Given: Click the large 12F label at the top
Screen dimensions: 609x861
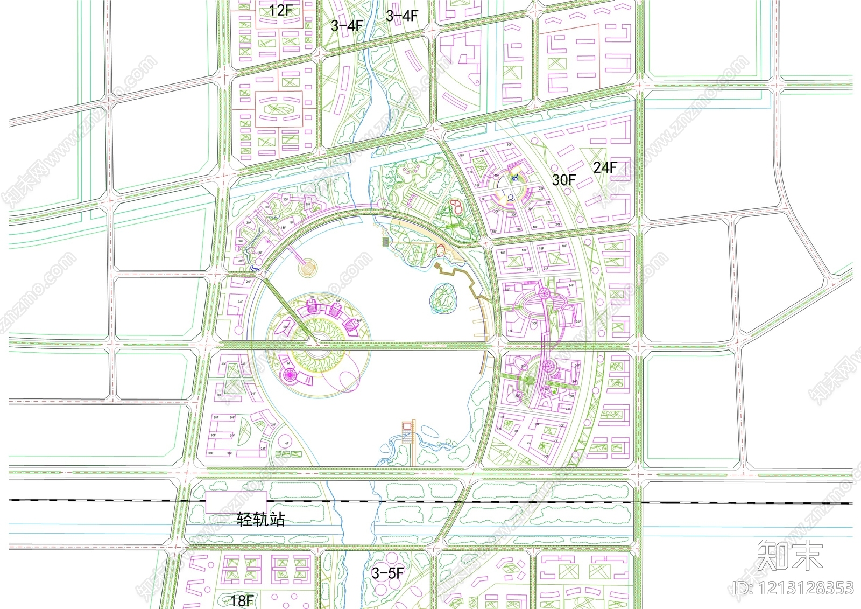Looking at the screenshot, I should (280, 10).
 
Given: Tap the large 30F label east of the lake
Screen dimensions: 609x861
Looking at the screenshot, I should (563, 180).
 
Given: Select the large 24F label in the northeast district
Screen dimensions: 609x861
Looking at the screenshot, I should (605, 167).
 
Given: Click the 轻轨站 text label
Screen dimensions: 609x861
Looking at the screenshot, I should (261, 520).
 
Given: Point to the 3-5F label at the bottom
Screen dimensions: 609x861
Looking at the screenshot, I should (387, 573).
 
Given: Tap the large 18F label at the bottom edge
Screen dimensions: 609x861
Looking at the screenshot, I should (242, 600).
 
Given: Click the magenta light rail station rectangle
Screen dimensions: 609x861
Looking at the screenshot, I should (236, 502).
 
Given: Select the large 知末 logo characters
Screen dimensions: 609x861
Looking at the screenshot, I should (789, 556).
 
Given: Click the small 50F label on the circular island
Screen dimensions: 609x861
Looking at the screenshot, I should (285, 327).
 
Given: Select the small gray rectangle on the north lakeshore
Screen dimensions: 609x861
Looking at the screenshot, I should (385, 242).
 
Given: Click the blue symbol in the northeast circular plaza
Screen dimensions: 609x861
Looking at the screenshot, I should (516, 177).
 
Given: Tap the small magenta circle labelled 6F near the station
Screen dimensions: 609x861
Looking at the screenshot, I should (286, 444).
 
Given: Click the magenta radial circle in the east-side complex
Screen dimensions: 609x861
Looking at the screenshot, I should (544, 293).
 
